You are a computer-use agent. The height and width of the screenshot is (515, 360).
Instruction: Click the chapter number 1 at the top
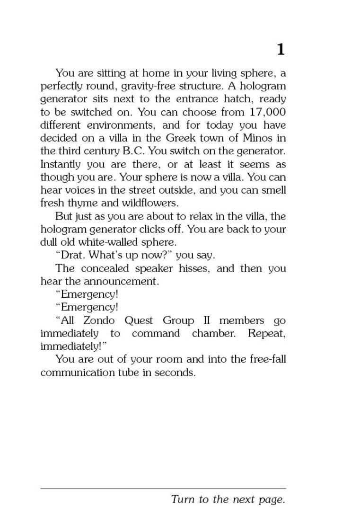click(x=281, y=49)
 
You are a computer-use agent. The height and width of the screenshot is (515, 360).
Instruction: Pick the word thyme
click(x=85, y=204)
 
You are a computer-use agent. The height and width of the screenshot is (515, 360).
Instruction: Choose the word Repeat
click(x=266, y=333)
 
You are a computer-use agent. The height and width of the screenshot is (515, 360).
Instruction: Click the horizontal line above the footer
click(x=163, y=488)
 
